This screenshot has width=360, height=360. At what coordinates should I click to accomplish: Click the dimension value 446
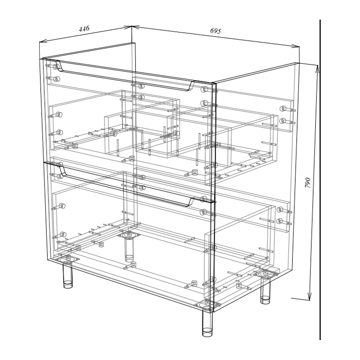click(84, 29)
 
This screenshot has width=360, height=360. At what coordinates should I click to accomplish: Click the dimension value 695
click(215, 31)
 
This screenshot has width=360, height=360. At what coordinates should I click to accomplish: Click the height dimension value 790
click(308, 182)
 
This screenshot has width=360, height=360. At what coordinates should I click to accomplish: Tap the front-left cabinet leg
click(68, 275)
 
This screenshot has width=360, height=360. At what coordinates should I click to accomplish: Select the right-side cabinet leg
click(265, 291)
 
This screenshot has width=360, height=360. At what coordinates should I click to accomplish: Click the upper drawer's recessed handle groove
click(126, 77)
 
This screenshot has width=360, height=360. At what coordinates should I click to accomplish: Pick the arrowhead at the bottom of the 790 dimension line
click(310, 296)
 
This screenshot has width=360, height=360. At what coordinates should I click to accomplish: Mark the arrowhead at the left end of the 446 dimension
click(43, 42)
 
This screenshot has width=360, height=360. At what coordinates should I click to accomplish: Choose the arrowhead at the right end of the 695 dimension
click(296, 46)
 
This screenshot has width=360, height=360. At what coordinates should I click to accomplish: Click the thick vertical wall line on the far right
click(320, 180)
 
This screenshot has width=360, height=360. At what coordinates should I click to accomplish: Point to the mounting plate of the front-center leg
click(207, 306)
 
